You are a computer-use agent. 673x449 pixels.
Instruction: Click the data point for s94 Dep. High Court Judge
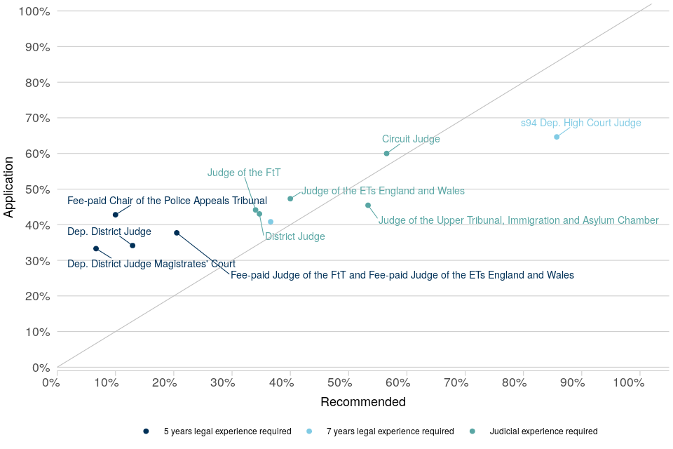[x=557, y=137]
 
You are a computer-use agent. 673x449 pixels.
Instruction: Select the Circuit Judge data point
[x=386, y=153]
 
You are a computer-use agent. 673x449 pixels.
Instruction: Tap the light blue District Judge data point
[x=271, y=222]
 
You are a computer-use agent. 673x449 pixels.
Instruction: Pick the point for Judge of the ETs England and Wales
[x=290, y=199]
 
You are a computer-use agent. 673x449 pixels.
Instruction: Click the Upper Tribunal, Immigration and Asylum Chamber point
[x=368, y=206]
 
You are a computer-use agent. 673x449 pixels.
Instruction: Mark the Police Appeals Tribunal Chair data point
[x=116, y=215]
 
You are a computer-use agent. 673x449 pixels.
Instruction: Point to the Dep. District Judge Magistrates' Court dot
[x=96, y=248]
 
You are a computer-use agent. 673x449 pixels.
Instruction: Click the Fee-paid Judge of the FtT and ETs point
[x=177, y=233]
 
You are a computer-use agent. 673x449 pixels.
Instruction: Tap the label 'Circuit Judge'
[x=411, y=139]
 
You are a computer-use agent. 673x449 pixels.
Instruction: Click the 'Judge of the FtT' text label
[x=244, y=173]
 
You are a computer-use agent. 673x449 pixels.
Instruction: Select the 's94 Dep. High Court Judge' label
[x=580, y=123]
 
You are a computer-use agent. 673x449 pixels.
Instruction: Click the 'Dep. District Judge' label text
[x=109, y=232]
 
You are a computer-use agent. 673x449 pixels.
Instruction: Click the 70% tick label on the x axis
[x=456, y=382]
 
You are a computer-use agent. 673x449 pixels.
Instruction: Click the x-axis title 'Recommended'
[x=363, y=402]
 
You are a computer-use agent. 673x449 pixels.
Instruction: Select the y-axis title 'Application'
[x=9, y=187]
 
